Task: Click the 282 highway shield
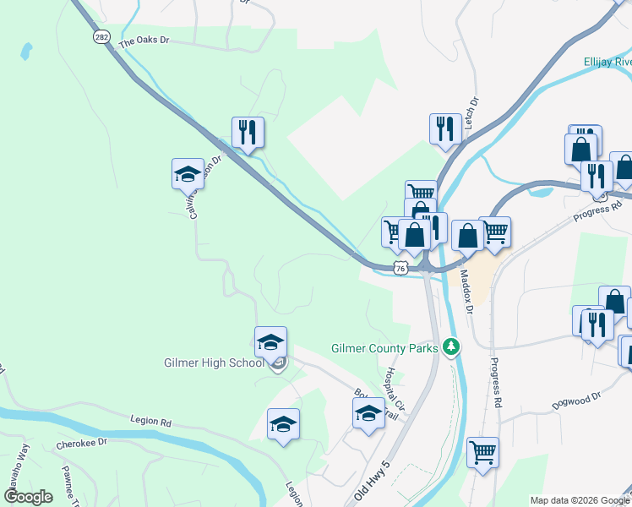[101, 37]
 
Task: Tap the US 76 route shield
[401, 268]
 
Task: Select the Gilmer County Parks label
[384, 347]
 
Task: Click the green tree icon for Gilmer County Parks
[452, 346]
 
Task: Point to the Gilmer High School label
[214, 363]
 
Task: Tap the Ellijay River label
[607, 62]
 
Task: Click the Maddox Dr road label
[465, 286]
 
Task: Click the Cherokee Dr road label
[82, 443]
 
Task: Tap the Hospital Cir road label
[392, 384]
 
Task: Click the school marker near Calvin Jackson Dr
[188, 174]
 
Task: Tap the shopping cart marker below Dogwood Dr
[482, 452]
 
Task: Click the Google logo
[28, 497]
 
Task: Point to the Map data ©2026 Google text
[579, 500]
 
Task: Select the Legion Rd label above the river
[151, 421]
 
